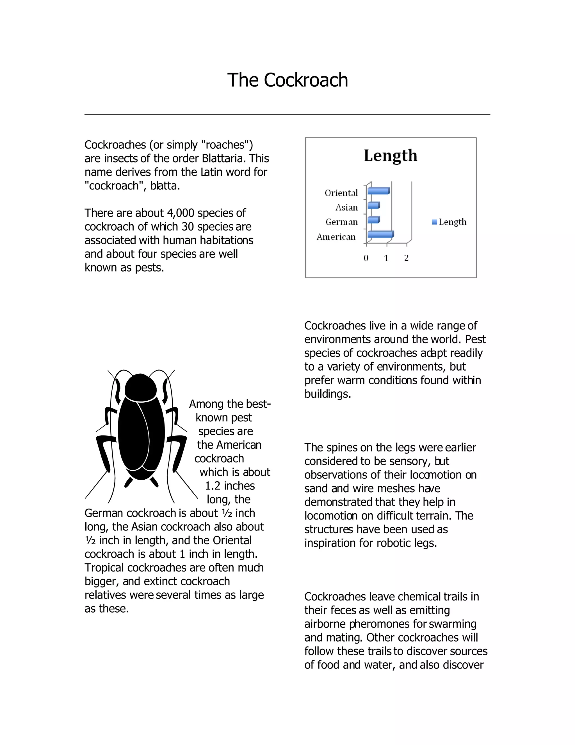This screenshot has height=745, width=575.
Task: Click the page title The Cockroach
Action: (287, 80)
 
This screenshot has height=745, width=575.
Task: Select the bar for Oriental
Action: (378, 191)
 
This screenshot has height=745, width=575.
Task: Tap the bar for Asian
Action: (373, 205)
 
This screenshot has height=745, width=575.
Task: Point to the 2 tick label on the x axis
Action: (406, 258)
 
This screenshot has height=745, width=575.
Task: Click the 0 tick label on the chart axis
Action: (366, 258)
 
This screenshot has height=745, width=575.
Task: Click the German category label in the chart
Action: (341, 222)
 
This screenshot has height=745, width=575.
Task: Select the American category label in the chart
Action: (336, 237)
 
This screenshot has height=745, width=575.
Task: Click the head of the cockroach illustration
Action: (140, 387)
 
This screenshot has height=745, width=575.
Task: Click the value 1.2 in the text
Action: (213, 486)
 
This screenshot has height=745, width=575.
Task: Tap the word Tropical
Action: (104, 568)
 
